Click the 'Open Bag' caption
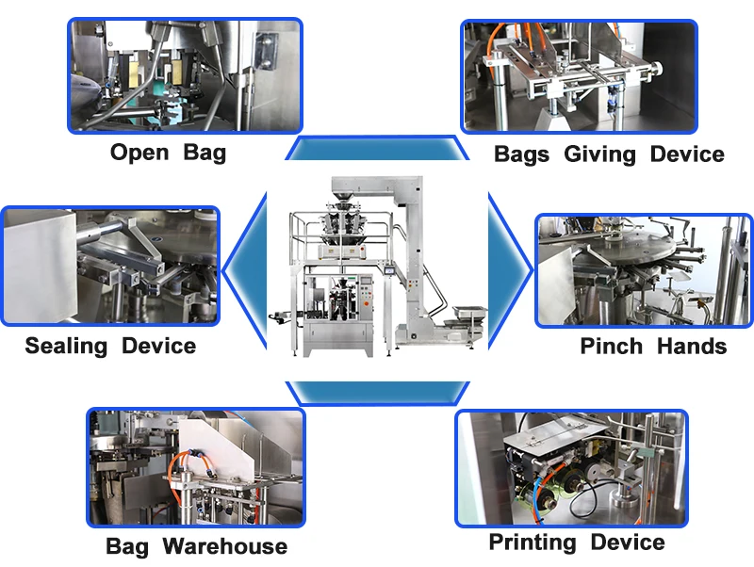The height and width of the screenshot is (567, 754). pyautogui.click(x=169, y=153)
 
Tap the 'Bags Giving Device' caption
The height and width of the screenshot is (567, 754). pyautogui.click(x=609, y=154)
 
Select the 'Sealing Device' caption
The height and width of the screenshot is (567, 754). pyautogui.click(x=110, y=346)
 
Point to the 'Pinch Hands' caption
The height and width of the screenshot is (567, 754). pyautogui.click(x=653, y=347)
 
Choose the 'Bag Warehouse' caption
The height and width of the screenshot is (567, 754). pyautogui.click(x=196, y=546)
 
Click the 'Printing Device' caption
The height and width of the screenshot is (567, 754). pyautogui.click(x=576, y=543)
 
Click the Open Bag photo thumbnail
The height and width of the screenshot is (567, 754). pyautogui.click(x=171, y=75)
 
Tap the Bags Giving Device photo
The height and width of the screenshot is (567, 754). pyautogui.click(x=579, y=76)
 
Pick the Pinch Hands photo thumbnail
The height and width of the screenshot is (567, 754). pyautogui.click(x=646, y=270)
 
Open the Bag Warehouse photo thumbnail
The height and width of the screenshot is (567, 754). pyautogui.click(x=196, y=466)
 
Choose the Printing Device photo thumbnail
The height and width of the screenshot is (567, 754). pyautogui.click(x=571, y=468)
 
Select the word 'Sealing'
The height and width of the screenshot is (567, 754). pyautogui.click(x=67, y=346)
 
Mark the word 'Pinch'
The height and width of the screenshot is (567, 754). pyautogui.click(x=612, y=347)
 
